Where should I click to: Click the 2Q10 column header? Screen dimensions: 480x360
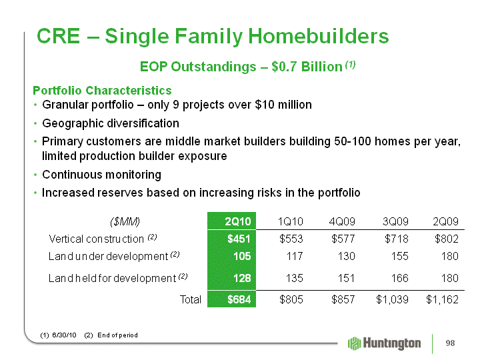click(238, 221)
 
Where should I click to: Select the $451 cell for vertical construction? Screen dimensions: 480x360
click(239, 239)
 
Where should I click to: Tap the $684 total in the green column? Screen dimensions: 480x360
click(239, 299)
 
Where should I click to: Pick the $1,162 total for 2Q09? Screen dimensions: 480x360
click(442, 299)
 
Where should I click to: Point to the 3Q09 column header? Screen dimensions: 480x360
click(395, 221)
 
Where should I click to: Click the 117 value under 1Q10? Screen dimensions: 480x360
click(295, 256)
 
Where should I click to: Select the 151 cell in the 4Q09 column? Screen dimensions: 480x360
click(346, 278)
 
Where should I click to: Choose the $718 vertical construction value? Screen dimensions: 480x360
click(397, 239)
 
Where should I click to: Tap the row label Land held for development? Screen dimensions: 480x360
click(112, 278)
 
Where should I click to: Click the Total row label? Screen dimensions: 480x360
click(191, 299)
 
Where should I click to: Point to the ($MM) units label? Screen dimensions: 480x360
click(125, 221)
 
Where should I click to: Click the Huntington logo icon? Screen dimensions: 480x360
click(355, 343)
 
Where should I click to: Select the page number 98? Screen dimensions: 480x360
click(450, 343)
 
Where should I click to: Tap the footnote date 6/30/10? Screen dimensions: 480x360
click(64, 335)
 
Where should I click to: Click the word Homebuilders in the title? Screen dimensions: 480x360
click(319, 36)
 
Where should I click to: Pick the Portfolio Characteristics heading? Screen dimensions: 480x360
click(102, 91)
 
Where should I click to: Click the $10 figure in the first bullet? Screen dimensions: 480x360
click(265, 105)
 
